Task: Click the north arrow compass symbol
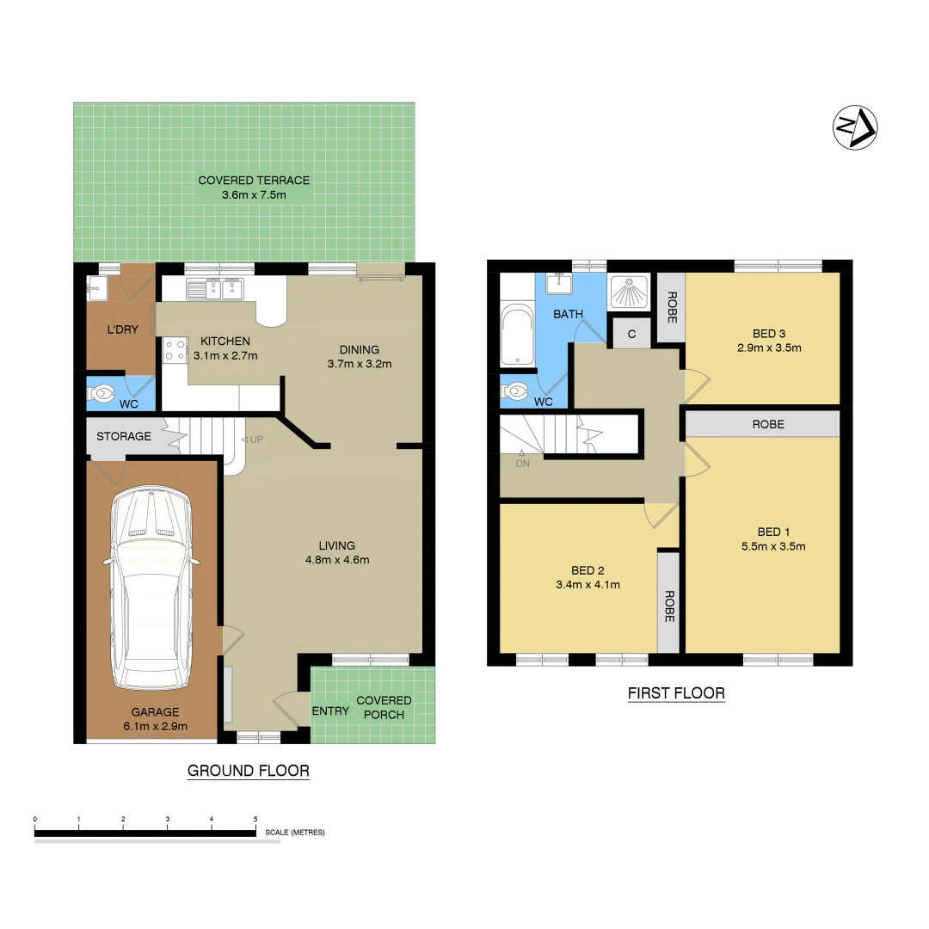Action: point(855,128)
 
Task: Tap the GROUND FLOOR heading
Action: point(248,771)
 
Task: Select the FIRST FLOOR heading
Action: point(675,693)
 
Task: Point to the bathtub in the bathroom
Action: point(516,335)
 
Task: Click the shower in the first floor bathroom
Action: point(631,292)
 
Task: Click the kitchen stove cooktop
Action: point(175,348)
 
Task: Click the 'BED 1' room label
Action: point(769,532)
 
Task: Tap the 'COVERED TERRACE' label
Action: point(254,181)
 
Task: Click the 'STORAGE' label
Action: point(123,436)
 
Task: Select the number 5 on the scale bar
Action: point(255,819)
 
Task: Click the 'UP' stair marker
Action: point(255,440)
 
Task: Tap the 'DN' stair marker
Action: point(522,463)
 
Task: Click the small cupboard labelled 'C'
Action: point(631,334)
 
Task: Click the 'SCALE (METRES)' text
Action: point(295,833)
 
